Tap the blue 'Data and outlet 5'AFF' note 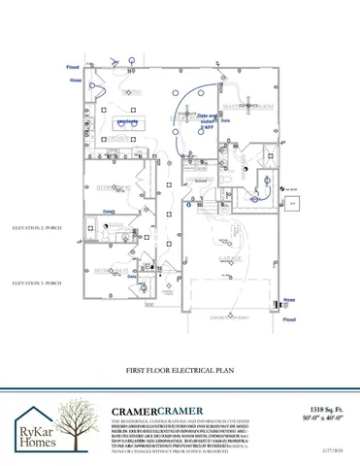click(208, 120)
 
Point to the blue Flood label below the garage click(288, 317)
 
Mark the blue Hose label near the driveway click(288, 300)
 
